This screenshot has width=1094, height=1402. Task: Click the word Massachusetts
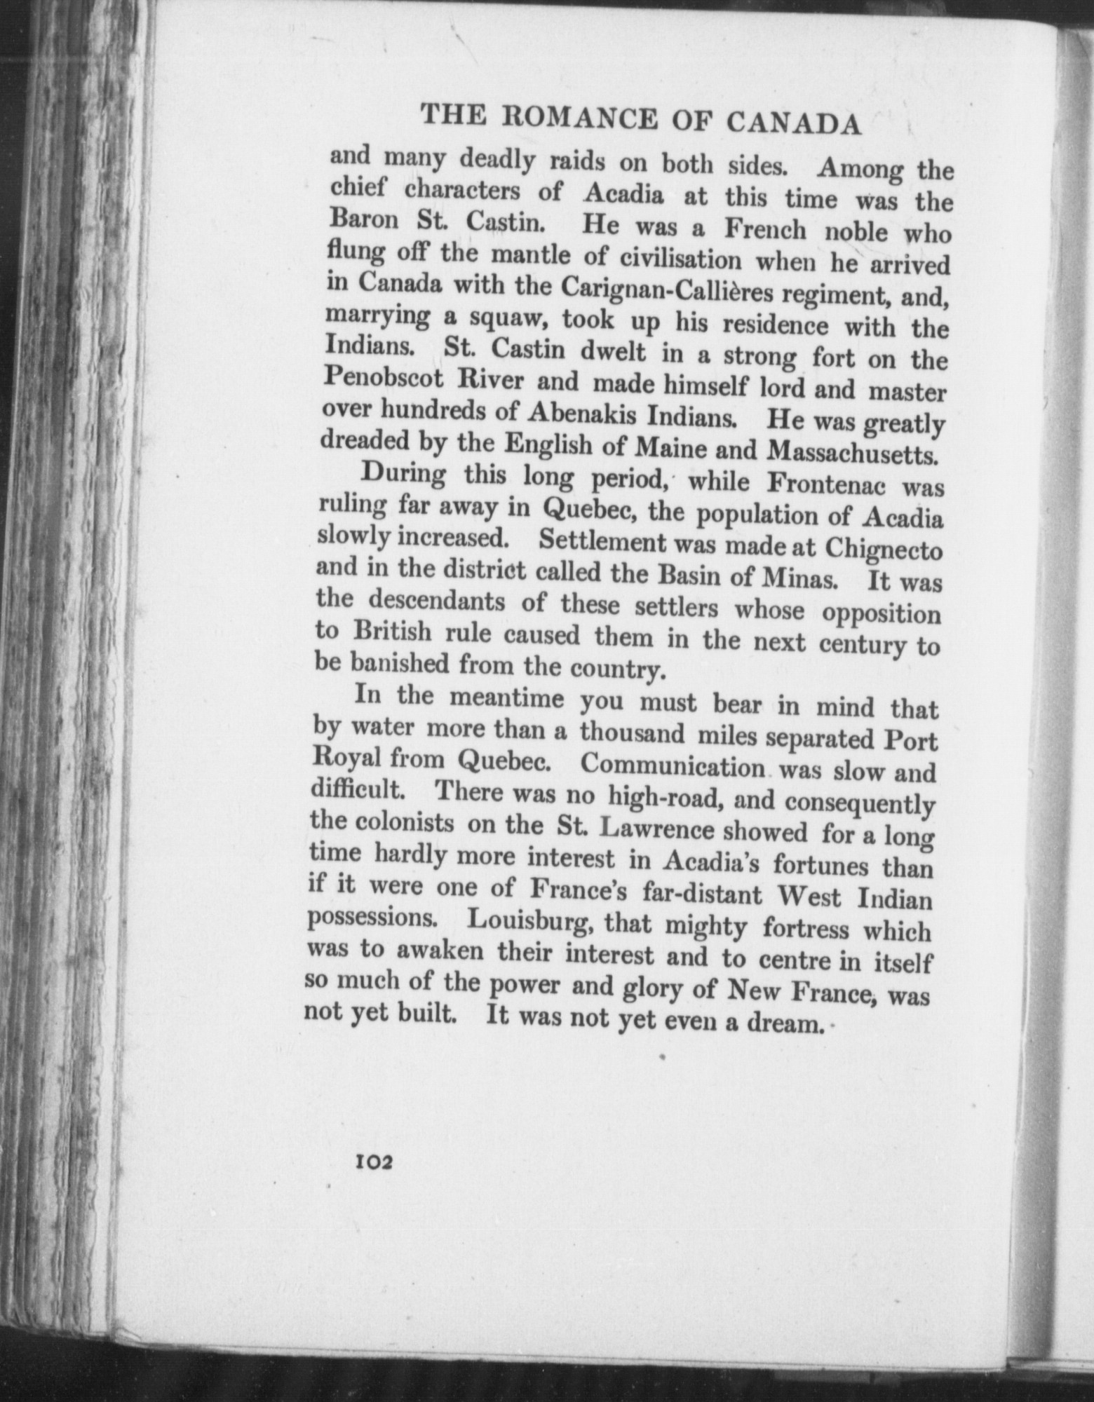tap(853, 453)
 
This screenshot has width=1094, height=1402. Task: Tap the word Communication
tap(674, 765)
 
